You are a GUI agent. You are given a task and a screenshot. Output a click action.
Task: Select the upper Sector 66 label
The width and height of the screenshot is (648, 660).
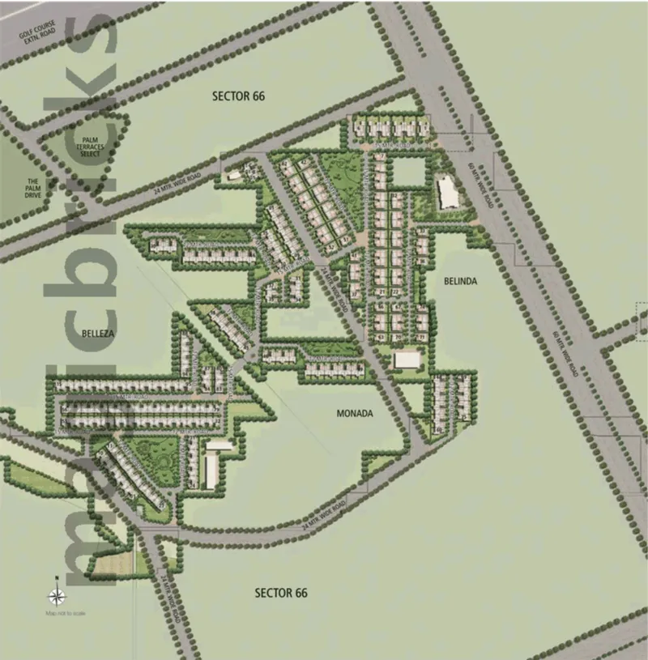(x=238, y=96)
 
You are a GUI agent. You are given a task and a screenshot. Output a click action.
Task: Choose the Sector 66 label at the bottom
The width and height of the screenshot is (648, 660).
(x=281, y=593)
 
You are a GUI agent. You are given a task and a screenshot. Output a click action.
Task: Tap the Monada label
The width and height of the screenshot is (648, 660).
(x=354, y=413)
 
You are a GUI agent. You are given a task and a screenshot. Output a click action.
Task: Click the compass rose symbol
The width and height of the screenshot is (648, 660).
(x=57, y=598)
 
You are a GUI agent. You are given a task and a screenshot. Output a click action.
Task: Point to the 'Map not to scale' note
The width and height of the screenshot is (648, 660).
(x=66, y=614)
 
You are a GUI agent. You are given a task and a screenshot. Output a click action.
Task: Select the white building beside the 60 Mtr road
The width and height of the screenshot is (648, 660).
(x=446, y=191)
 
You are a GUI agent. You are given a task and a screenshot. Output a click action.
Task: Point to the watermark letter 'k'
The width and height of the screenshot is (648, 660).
(x=98, y=121)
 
